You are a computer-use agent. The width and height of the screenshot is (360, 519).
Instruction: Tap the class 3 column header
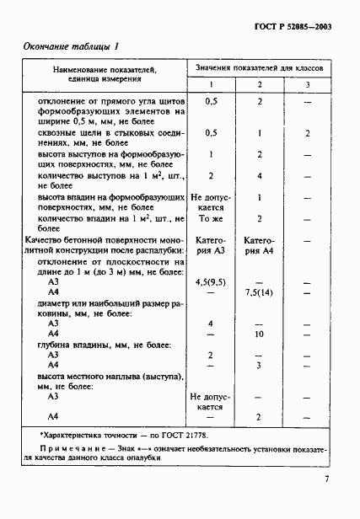(x=308, y=84)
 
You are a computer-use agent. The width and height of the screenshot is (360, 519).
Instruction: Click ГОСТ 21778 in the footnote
(x=177, y=433)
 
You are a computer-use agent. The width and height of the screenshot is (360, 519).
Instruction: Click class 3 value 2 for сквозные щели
(x=308, y=133)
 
